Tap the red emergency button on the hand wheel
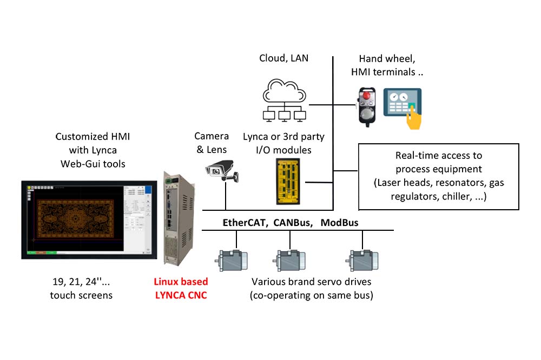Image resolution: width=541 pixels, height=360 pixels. [367, 94]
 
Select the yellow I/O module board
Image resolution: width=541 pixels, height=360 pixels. [288, 182]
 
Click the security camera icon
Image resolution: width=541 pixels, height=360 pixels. [221, 171]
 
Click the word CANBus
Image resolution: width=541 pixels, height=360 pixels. [293, 223]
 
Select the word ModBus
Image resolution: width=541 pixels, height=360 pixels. [340, 223]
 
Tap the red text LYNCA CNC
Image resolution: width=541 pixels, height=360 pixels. [181, 295]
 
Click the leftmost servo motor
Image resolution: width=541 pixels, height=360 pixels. [232, 261]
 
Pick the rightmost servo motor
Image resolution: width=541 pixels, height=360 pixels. [362, 261]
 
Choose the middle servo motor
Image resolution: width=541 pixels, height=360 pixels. [289, 261]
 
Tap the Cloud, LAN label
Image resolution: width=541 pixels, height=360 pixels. [283, 58]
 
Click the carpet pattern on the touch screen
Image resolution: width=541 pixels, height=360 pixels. [75, 218]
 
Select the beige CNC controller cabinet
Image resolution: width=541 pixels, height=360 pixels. [179, 218]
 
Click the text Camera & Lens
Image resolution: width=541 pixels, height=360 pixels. [212, 143]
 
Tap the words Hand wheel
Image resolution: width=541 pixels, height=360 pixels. [387, 58]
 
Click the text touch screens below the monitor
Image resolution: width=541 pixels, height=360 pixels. [81, 295]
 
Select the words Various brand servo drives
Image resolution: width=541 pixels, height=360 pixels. [311, 282]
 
